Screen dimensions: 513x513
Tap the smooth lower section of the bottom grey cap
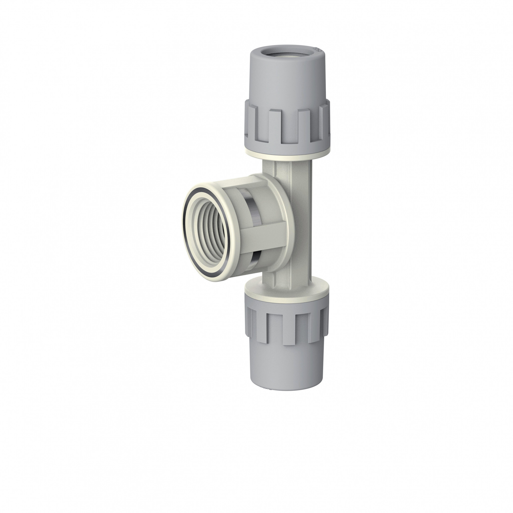[x=287, y=369]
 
